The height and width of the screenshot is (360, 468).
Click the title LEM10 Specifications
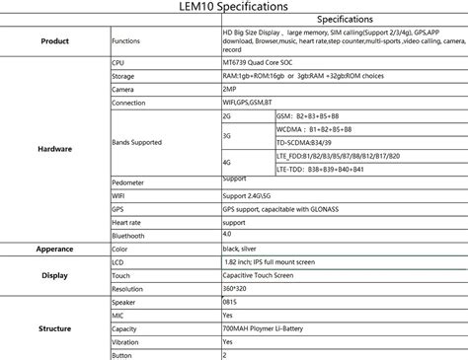[x=233, y=7]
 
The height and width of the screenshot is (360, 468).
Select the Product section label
[x=54, y=41]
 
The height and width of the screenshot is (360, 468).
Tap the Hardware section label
[x=54, y=149]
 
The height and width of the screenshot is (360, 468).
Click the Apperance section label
[x=54, y=249]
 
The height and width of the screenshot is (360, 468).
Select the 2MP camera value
[x=230, y=89]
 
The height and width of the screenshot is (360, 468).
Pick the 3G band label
[x=227, y=135]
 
